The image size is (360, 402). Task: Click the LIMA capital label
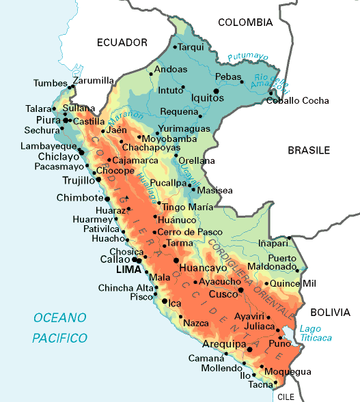click(x=128, y=270)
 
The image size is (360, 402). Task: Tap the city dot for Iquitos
click(x=216, y=91)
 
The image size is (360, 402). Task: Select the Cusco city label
click(x=223, y=293)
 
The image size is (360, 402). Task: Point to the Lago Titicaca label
click(x=316, y=333)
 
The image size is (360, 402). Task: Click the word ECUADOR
click(x=122, y=42)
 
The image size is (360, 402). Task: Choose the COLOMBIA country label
click(x=245, y=23)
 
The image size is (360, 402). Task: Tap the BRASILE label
click(x=309, y=150)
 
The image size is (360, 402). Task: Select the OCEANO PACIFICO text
click(x=60, y=328)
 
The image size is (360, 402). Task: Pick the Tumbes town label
click(x=50, y=83)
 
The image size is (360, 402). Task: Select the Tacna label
click(x=260, y=385)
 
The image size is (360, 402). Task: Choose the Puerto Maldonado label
click(x=282, y=261)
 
